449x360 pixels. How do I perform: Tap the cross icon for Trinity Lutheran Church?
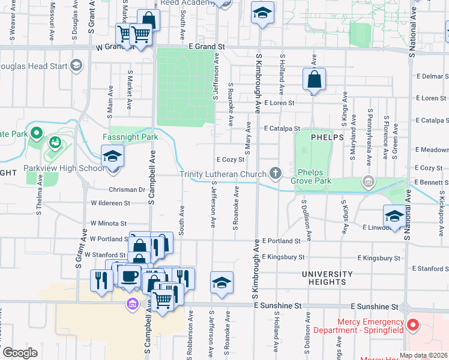pos(276,175)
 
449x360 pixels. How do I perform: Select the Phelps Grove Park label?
pos(311,175)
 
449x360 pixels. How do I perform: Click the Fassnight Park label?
pos(130,137)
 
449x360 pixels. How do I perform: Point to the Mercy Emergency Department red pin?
pos(412,326)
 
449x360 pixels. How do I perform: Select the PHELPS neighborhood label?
pos(327,137)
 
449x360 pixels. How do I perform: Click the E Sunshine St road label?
pos(278,305)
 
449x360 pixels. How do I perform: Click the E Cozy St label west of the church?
pos(231,160)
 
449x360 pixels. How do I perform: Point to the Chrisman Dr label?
pos(126,190)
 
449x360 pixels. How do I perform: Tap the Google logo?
pos(20,353)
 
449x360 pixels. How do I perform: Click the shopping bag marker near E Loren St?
pos(314,79)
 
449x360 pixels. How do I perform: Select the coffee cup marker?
pos(131,277)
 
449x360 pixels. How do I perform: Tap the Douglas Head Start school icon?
pos(76,65)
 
